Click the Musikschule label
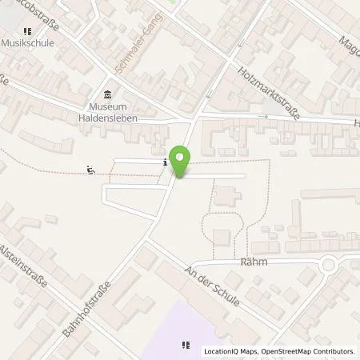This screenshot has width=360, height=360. (27, 42)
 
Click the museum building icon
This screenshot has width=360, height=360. (109, 94)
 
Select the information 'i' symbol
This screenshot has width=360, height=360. (165, 162)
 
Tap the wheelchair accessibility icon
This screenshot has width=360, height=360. (90, 169)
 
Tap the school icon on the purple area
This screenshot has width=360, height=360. (186, 346)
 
